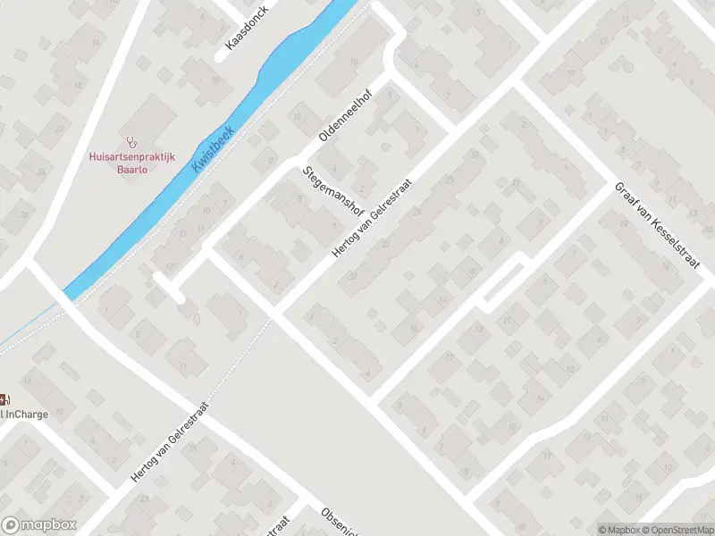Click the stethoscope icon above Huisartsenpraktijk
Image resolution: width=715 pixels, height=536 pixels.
point(132,140)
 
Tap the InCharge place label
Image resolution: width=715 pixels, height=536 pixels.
point(25,414)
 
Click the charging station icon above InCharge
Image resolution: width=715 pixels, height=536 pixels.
point(4,398)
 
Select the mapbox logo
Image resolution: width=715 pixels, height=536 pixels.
point(39,525)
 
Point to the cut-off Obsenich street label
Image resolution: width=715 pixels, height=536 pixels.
point(341,522)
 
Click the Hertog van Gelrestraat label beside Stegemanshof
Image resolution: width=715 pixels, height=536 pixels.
point(375,216)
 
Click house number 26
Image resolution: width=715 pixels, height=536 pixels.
point(41,172)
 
